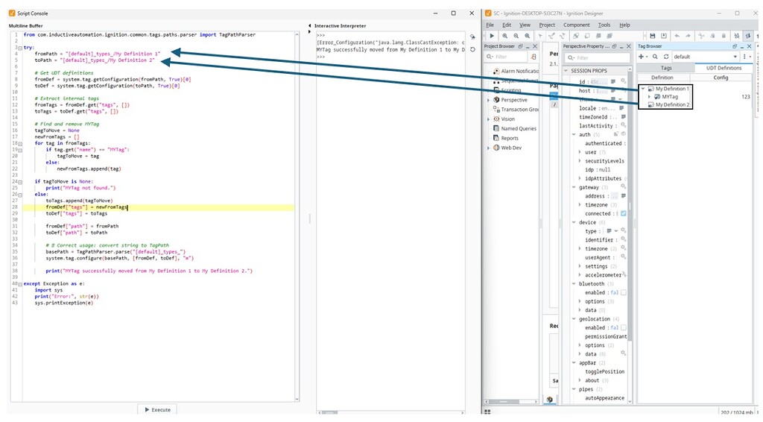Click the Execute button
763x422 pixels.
click(156, 409)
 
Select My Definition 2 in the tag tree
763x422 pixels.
click(671, 105)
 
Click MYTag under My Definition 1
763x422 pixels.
click(670, 97)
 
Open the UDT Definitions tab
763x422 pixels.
click(718, 68)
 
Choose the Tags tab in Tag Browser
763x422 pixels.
click(666, 68)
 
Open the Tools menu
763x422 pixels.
click(604, 25)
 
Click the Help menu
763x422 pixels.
click(624, 25)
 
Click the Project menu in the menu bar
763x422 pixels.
click(547, 25)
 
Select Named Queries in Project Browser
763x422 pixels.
click(519, 128)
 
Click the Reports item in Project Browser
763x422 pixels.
click(510, 138)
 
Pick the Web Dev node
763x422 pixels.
click(510, 148)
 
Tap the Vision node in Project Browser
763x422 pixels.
click(507, 119)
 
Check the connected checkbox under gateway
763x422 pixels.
click(624, 213)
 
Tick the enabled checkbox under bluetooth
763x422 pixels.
click(624, 292)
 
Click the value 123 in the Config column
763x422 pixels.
click(745, 97)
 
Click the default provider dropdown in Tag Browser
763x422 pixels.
click(704, 56)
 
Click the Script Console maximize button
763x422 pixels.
click(453, 13)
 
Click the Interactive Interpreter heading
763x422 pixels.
click(340, 26)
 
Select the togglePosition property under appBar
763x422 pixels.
click(605, 371)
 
